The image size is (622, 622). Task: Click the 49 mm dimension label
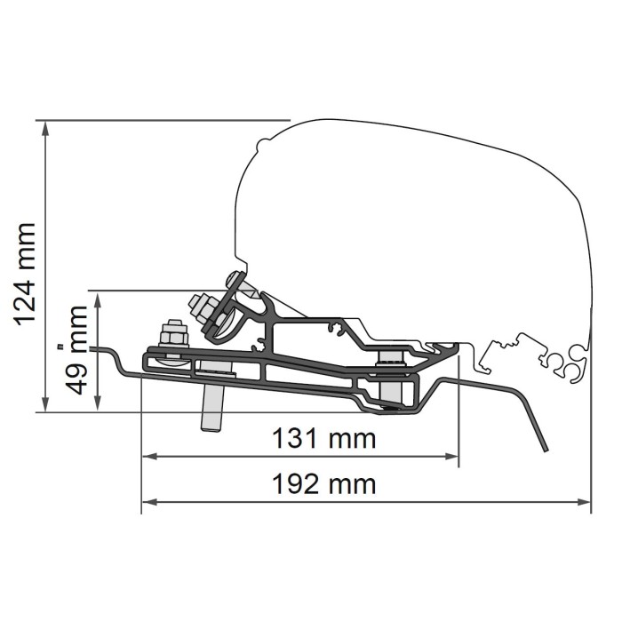[77, 350]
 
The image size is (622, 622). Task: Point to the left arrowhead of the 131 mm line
[148, 456]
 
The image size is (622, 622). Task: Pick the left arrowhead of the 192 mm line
[148, 502]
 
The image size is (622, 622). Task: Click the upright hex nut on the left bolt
[172, 338]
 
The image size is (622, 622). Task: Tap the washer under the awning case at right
[389, 357]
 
